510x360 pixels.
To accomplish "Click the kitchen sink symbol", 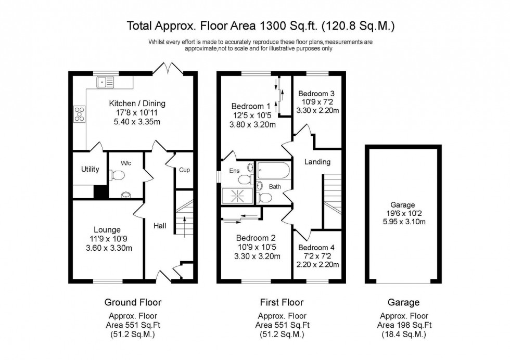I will coord(106,81).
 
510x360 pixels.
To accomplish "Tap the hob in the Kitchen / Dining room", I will coord(81,113).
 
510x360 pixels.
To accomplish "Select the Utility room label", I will coord(90,169).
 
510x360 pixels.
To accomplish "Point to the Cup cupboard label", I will coord(184,170).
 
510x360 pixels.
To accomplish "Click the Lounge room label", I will coord(107,229).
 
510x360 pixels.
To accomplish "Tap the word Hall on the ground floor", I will coord(160,226).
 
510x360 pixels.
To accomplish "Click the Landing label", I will coord(317,162).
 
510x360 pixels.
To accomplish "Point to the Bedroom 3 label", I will coord(317,94).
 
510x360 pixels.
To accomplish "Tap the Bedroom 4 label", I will coord(317,248).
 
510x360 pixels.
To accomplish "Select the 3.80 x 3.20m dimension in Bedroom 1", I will coord(252,124).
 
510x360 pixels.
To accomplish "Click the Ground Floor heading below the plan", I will coord(133,302).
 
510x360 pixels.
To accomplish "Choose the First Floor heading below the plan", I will coord(282,302).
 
